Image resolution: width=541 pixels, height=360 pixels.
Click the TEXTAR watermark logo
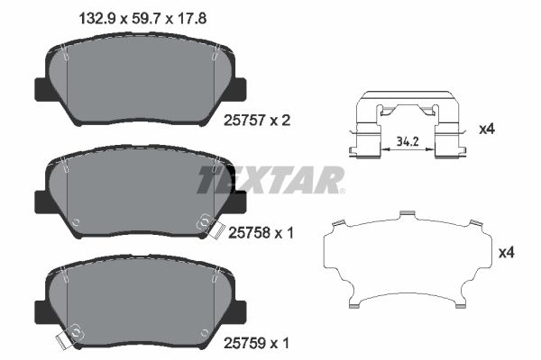[x=270, y=178]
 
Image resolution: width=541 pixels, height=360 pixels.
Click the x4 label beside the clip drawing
[x=487, y=129]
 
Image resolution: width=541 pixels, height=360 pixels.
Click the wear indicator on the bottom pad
[x=65, y=339]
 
